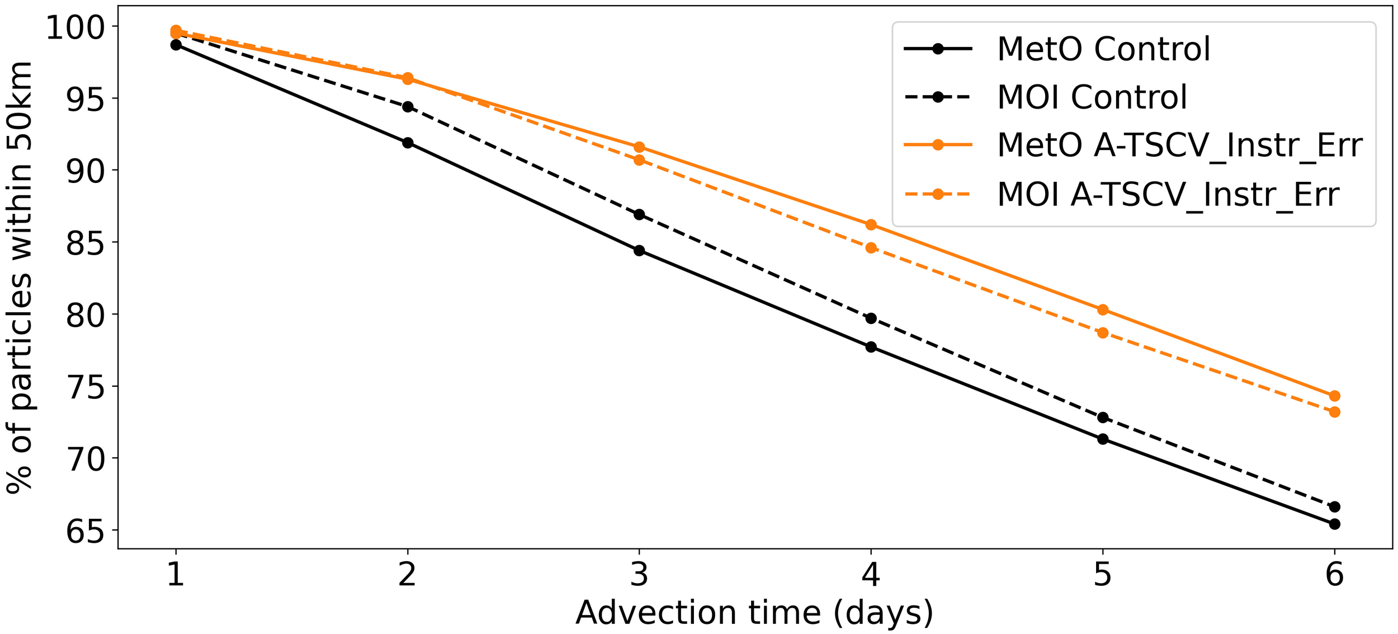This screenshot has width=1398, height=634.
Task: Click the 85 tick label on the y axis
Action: tap(84, 243)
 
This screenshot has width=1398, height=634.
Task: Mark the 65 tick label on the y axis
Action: tap(84, 530)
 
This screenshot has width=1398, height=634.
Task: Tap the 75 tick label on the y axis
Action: tap(84, 387)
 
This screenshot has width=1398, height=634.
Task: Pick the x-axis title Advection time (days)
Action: tap(754, 614)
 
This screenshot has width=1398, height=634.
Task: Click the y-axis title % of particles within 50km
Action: tap(19, 277)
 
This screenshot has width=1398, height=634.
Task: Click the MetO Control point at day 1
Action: tap(176, 45)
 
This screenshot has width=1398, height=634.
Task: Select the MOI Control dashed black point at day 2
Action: tap(408, 107)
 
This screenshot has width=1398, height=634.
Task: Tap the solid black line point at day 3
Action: tap(639, 251)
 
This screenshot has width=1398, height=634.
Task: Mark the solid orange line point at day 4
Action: tap(871, 225)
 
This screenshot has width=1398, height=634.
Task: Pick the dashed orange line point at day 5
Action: tap(1103, 333)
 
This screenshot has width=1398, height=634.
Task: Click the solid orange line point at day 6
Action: tap(1334, 396)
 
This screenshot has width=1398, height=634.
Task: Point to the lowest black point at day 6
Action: tap(1334, 524)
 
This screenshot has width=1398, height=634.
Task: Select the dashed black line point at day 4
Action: tap(871, 318)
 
